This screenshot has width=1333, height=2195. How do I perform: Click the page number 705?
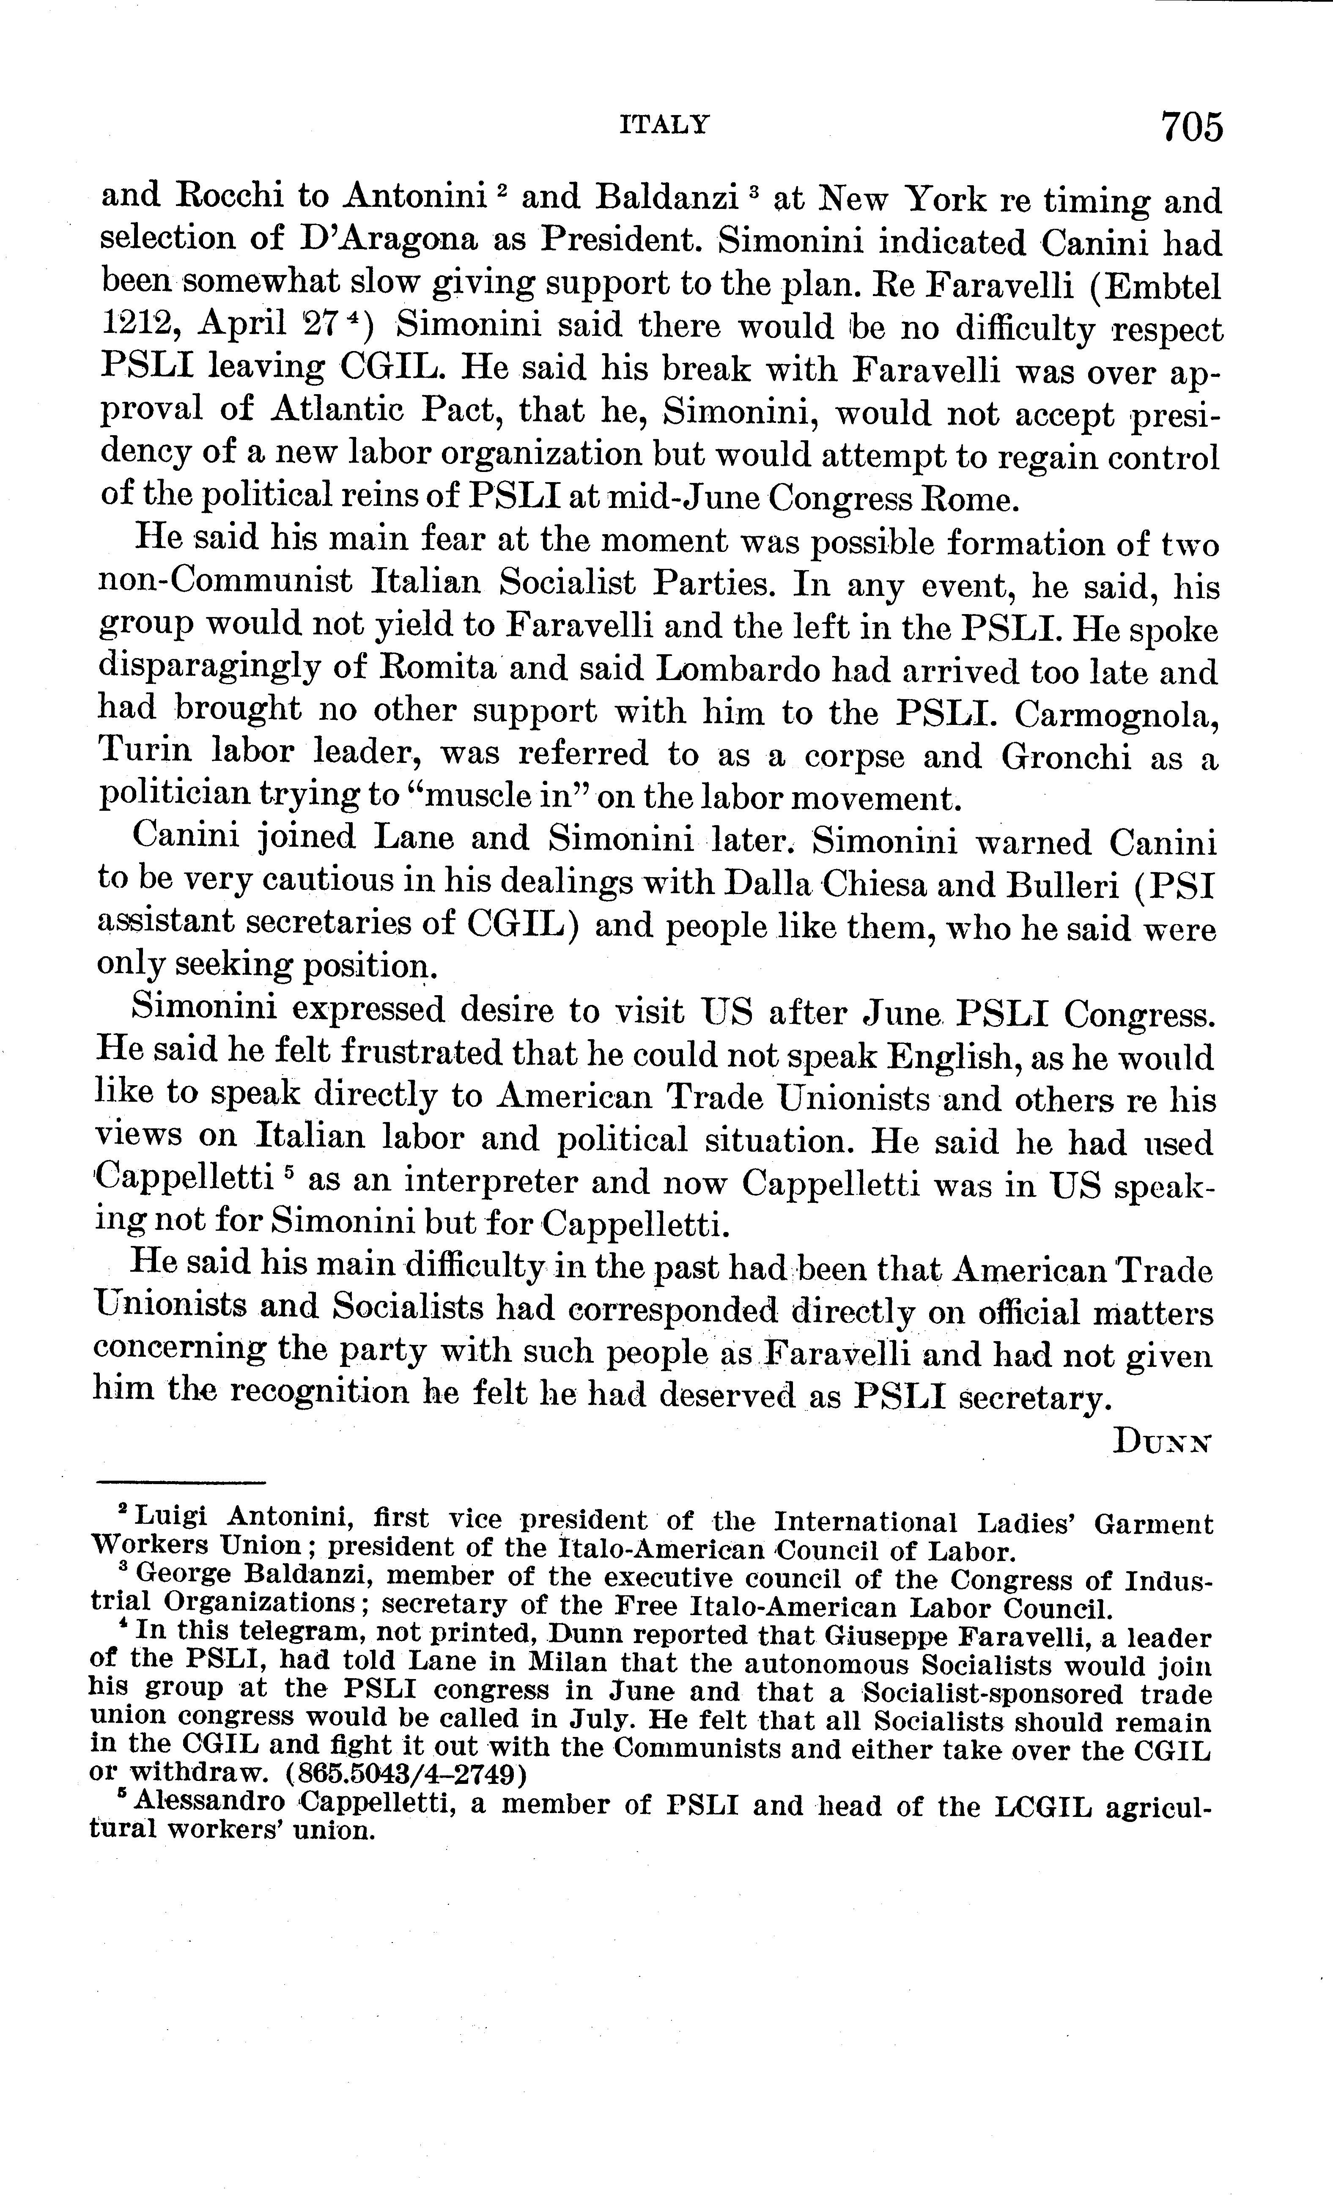(x=1191, y=127)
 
